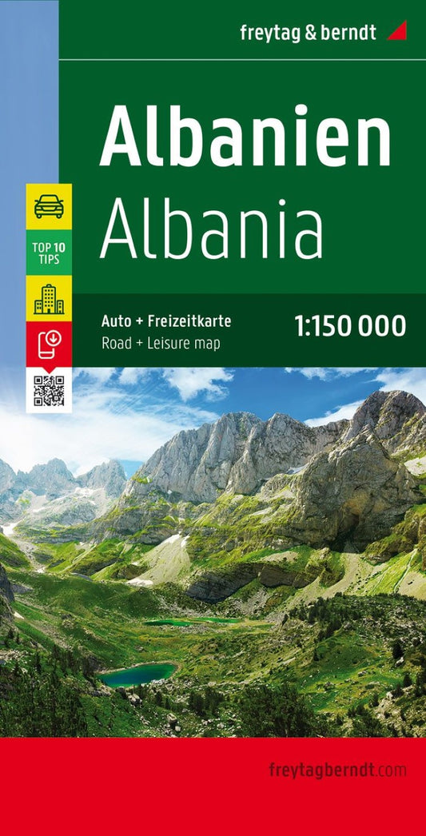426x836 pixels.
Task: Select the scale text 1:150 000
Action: [350, 326]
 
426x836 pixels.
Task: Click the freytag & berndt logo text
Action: [308, 32]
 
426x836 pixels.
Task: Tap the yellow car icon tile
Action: [49, 206]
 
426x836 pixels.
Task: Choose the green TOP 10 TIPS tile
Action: [49, 252]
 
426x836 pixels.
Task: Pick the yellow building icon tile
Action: [49, 298]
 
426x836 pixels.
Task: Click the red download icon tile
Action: [49, 343]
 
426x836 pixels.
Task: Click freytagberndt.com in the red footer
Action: [337, 771]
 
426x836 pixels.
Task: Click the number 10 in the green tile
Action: [60, 246]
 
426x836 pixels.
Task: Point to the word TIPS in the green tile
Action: [49, 259]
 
